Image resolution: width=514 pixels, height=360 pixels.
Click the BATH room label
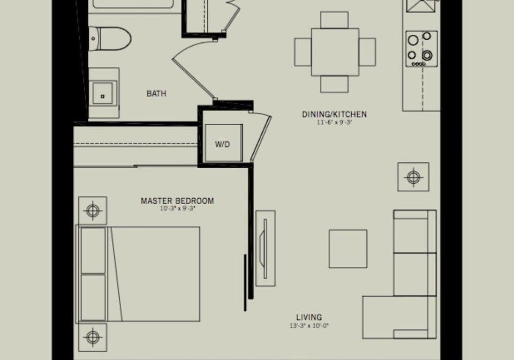[156, 94]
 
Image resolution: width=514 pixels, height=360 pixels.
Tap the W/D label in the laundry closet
[223, 144]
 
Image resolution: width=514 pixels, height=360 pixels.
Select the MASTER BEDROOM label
[177, 201]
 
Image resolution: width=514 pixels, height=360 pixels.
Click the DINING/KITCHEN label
[334, 115]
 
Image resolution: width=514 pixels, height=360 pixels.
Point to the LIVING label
[309, 317]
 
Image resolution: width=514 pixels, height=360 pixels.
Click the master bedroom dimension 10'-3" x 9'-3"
[178, 208]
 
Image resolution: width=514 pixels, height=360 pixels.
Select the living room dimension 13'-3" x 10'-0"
[309, 326]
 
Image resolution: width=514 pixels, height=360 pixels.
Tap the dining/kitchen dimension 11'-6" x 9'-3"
[334, 123]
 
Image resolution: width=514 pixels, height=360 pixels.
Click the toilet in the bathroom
[110, 39]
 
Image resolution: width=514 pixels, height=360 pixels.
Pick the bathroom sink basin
[103, 94]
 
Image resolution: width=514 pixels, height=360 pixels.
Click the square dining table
[335, 52]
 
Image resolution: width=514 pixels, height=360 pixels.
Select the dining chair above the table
[334, 20]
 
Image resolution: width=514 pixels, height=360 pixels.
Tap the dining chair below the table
[334, 84]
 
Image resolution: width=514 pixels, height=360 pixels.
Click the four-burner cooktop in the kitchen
[421, 49]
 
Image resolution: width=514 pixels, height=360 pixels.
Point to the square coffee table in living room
[348, 249]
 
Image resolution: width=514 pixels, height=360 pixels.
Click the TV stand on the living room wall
[266, 249]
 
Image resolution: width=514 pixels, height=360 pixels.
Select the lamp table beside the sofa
[413, 177]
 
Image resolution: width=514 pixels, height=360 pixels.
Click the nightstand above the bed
[93, 211]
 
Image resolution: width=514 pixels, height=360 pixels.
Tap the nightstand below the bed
[93, 337]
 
